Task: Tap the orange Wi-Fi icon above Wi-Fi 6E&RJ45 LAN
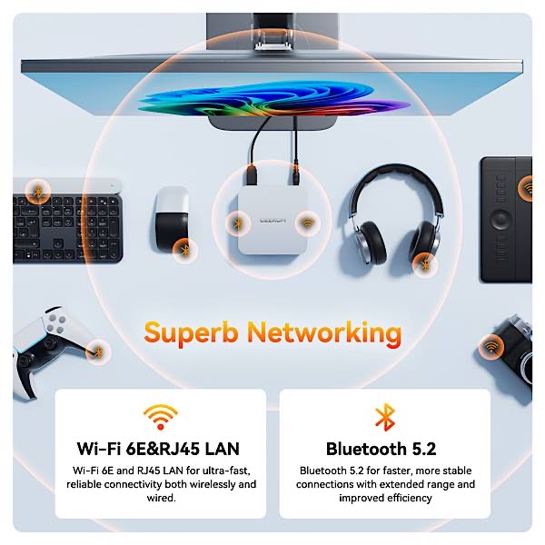pos(161,416)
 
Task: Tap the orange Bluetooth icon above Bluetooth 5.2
pos(384,417)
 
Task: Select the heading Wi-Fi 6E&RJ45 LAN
pos(161,449)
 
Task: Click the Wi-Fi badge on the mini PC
pos(307,222)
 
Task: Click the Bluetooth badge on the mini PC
pos(238,221)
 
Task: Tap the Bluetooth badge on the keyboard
pos(36,192)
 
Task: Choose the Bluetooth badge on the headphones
pos(423,263)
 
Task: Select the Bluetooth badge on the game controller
pos(97,348)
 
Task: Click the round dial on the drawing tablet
pos(501,219)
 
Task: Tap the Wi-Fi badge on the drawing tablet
pos(527,189)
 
